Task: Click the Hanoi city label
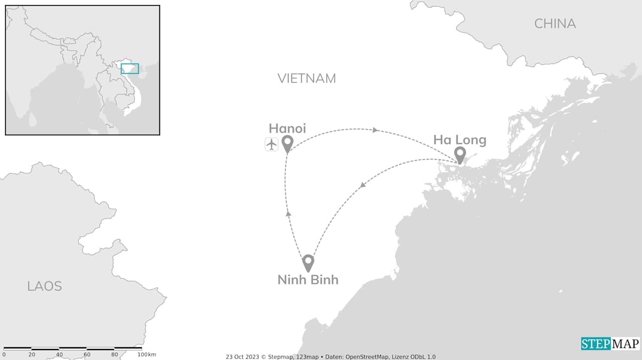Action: (287, 128)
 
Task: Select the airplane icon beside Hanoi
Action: (271, 144)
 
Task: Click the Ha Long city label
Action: (459, 140)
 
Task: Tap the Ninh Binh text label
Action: (308, 280)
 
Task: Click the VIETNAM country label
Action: (306, 78)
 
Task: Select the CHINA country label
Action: (555, 24)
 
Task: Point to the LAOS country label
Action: (45, 286)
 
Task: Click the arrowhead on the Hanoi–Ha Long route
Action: (375, 130)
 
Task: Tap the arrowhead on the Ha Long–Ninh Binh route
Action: (362, 186)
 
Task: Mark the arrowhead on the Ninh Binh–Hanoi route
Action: (288, 214)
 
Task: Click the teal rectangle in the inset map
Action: (130, 69)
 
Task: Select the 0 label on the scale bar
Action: (4, 355)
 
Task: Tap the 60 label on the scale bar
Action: (87, 355)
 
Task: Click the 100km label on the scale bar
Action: (146, 355)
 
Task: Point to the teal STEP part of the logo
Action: (596, 344)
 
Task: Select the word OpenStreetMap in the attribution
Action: (368, 357)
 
